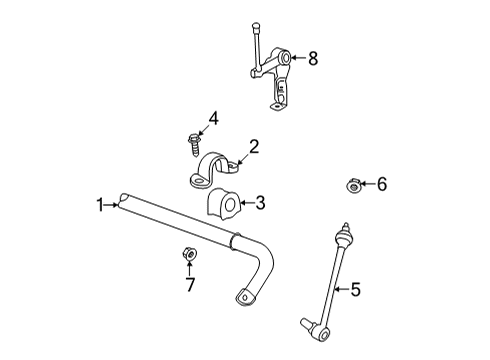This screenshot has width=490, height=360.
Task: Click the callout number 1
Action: [100, 205]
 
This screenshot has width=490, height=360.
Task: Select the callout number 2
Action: [254, 147]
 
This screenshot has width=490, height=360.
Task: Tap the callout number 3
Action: [260, 204]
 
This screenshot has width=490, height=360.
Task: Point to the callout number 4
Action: [212, 120]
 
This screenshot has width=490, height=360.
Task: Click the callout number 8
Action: [313, 58]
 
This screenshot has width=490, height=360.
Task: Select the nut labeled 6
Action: [354, 184]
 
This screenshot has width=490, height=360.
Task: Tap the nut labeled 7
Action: [189, 254]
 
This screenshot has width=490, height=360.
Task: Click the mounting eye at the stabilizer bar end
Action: [243, 295]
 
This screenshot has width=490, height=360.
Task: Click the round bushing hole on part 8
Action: [286, 59]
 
